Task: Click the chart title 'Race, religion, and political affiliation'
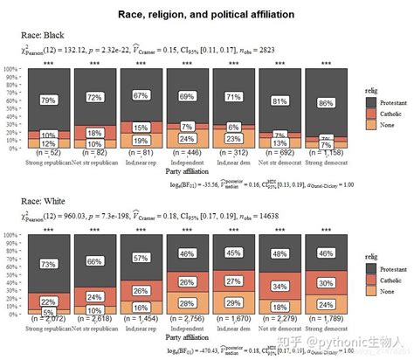tap(205, 15)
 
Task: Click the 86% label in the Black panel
tap(325, 103)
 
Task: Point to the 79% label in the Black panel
tap(49, 100)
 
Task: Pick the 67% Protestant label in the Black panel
tap(140, 95)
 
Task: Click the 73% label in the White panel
tap(49, 264)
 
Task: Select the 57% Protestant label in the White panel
tap(140, 258)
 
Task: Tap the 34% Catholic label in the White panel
tap(279, 286)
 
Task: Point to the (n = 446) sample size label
tap(185, 153)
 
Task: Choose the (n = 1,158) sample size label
tap(325, 153)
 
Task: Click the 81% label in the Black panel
tap(279, 100)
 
